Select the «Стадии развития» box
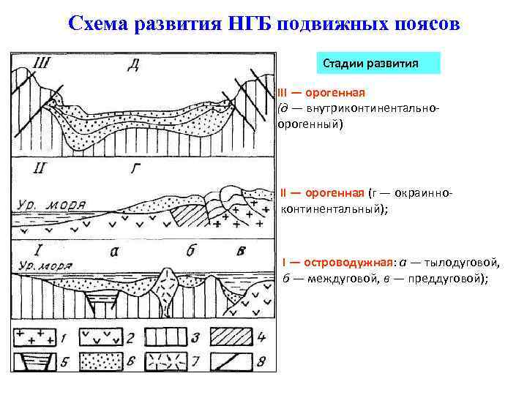tap(381, 63)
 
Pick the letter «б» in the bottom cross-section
tap(190, 251)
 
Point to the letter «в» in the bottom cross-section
tap(241, 252)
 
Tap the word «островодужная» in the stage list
tap(346, 262)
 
